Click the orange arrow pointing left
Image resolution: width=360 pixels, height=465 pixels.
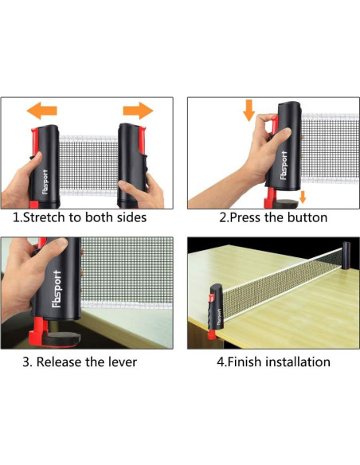[x=41, y=111]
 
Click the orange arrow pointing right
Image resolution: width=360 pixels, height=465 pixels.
[x=138, y=111]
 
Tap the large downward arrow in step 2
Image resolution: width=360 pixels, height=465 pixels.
[x=248, y=110]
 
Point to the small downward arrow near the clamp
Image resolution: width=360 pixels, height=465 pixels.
[x=303, y=197]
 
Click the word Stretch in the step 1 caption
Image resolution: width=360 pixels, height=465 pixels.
[x=44, y=217]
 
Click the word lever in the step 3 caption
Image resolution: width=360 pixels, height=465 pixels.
[x=122, y=362]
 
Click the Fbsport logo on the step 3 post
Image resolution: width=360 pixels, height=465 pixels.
[x=57, y=288]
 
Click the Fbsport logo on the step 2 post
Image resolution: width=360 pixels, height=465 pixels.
[x=284, y=165]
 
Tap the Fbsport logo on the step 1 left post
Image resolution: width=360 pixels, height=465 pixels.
[x=45, y=182]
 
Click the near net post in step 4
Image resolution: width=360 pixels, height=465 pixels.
[x=216, y=311]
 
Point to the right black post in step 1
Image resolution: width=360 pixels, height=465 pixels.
[x=131, y=166]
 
